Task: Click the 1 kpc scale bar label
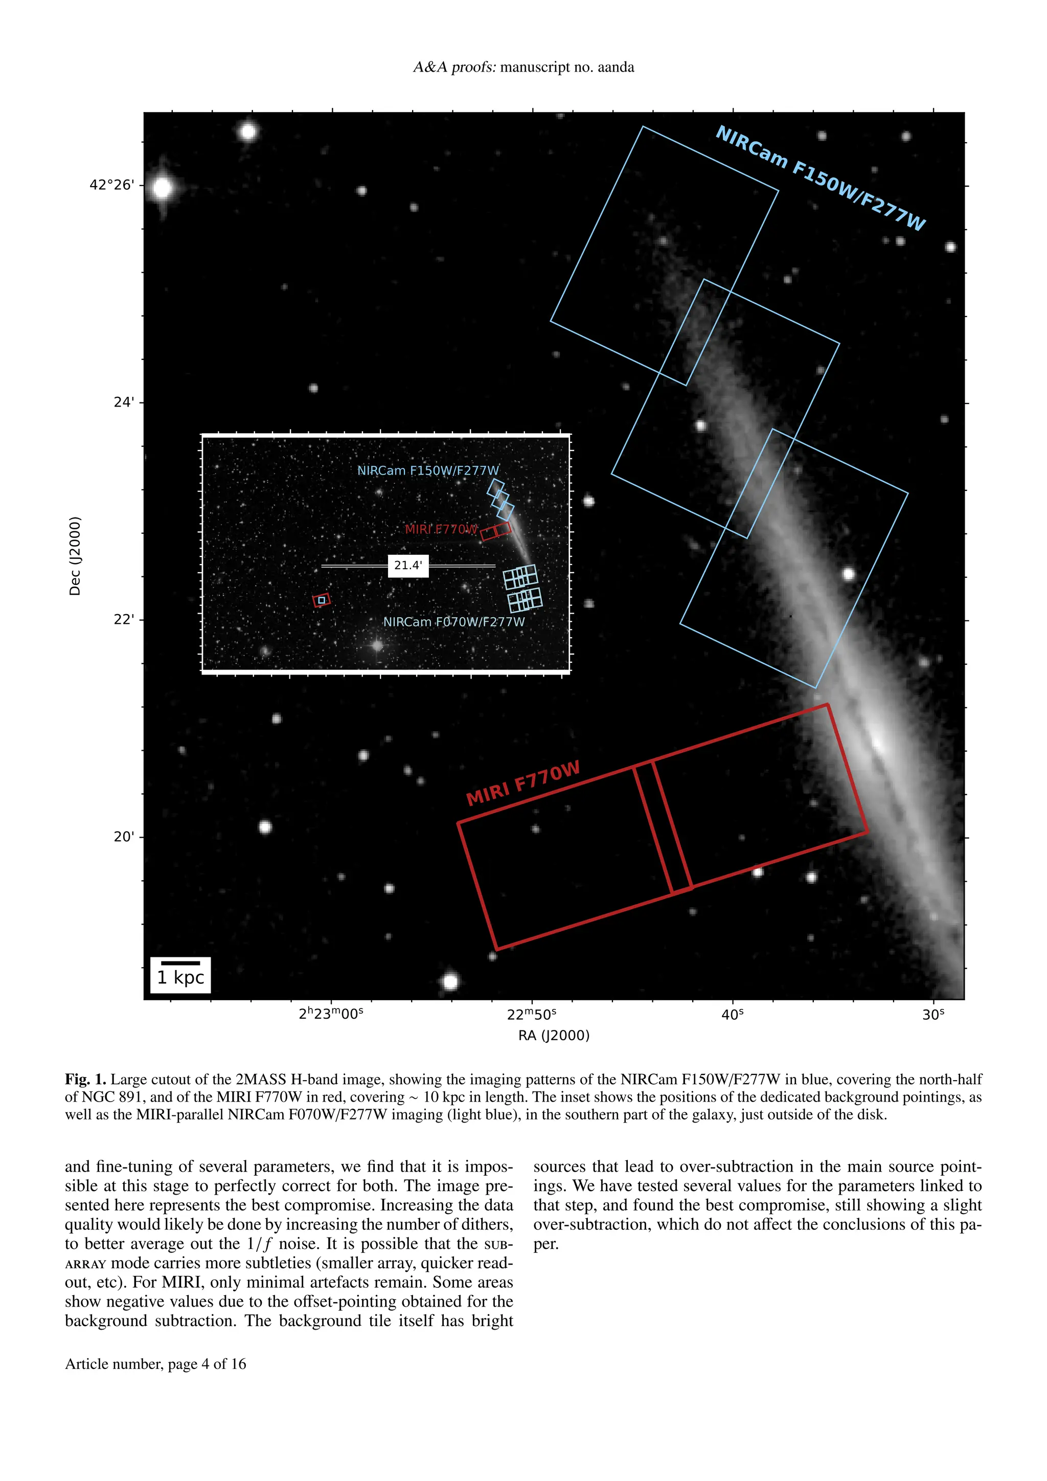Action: tap(180, 977)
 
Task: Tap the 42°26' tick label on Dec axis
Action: tap(112, 185)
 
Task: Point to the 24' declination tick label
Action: tap(124, 402)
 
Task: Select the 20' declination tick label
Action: tap(124, 837)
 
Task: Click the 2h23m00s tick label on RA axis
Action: tap(331, 1014)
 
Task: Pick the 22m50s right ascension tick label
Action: tap(531, 1015)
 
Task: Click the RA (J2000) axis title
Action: tap(554, 1036)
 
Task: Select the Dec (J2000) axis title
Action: tap(75, 556)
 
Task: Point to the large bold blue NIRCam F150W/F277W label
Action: tap(820, 178)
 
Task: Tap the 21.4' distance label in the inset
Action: tap(408, 566)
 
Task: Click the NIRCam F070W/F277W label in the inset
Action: tap(454, 622)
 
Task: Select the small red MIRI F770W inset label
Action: tap(441, 529)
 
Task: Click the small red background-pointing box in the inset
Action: tap(321, 600)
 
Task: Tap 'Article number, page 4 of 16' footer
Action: tap(155, 1364)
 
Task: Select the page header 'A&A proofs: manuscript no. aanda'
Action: tap(523, 67)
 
